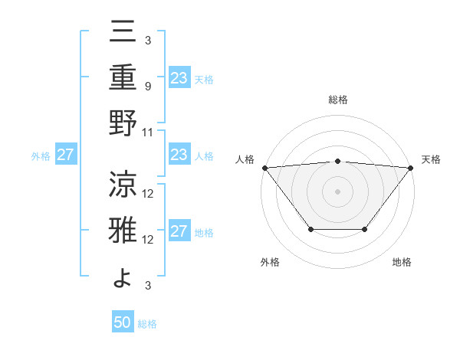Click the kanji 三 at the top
tap(123, 33)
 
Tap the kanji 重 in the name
tap(123, 78)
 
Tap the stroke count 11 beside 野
tap(149, 133)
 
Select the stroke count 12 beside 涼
tap(149, 193)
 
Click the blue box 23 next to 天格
tap(179, 78)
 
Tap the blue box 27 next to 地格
tap(179, 232)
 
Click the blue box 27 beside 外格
tap(66, 155)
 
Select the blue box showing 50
tap(123, 322)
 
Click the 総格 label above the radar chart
tap(338, 100)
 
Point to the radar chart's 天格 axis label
tap(432, 159)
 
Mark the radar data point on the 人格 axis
tap(264, 167)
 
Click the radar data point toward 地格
tap(365, 229)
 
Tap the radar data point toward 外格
tap(310, 229)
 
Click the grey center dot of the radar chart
tap(338, 191)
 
